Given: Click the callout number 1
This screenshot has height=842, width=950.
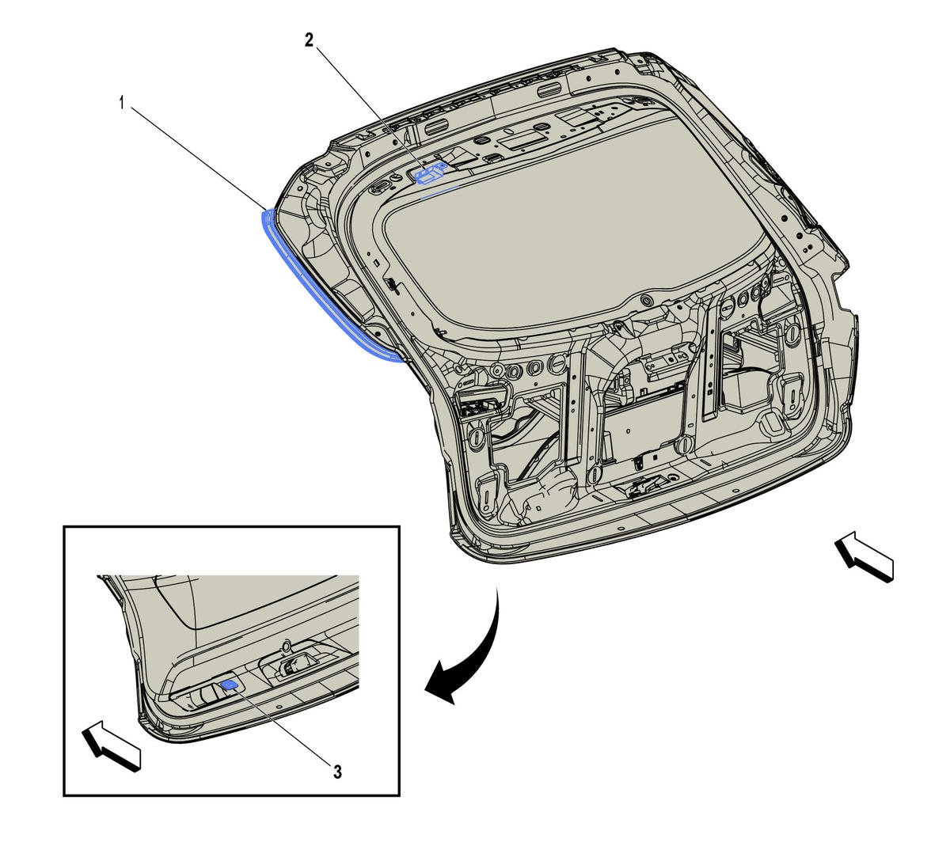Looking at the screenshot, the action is [x=122, y=103].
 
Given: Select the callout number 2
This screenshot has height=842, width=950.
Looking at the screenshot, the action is [x=309, y=40].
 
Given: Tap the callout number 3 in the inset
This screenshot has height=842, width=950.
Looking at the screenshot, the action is [x=337, y=772].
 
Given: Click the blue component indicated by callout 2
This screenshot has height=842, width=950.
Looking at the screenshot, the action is [x=430, y=173].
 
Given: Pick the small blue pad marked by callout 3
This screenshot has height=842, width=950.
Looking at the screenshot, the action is [x=230, y=685].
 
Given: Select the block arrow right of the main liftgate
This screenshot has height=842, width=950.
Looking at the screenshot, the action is [x=864, y=556].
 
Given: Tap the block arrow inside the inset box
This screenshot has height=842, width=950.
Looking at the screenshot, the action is [x=111, y=746].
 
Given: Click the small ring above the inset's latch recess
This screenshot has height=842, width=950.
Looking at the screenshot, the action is [x=285, y=647].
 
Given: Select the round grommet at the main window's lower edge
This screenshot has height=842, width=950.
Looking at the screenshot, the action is [x=646, y=299].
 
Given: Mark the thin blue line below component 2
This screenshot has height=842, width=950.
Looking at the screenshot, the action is [x=439, y=192].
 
